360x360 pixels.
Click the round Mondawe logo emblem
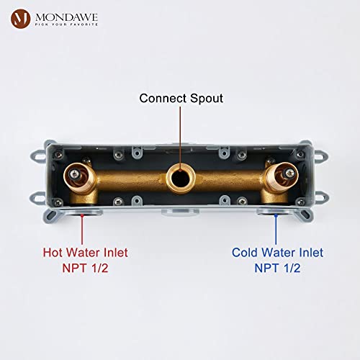(x=21, y=19)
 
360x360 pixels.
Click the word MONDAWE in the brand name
(x=66, y=17)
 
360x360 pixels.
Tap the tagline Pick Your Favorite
(x=66, y=24)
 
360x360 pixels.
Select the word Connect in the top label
(x=163, y=98)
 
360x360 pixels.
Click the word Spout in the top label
(x=207, y=99)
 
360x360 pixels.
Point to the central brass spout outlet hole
(x=181, y=179)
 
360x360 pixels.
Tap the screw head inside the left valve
(x=74, y=174)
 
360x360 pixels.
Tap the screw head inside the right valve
(x=290, y=172)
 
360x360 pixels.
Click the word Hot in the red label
(x=53, y=253)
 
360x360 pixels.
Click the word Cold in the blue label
(x=245, y=253)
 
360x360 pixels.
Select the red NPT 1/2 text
(x=85, y=268)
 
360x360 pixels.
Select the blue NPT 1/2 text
(x=277, y=268)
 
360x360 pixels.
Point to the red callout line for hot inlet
(x=82, y=229)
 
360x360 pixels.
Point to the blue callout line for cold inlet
(x=276, y=229)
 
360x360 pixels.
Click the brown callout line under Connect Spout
(x=180, y=138)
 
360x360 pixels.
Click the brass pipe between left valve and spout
(x=132, y=180)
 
